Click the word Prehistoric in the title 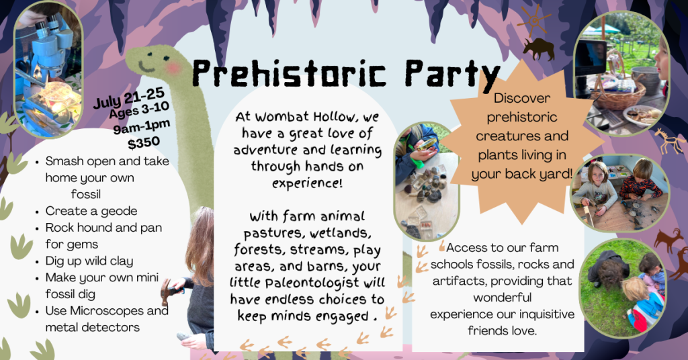click(x=289, y=73)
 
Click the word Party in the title click(x=452, y=75)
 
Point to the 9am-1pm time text click(x=141, y=127)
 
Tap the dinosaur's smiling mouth click(x=145, y=67)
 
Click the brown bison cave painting click(x=538, y=48)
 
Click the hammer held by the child click(x=169, y=289)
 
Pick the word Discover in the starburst click(x=521, y=98)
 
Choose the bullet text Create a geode click(x=91, y=211)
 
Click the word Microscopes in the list click(x=107, y=311)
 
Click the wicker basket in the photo click(x=618, y=94)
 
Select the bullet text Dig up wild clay click(x=89, y=261)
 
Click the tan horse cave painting click(x=669, y=140)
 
